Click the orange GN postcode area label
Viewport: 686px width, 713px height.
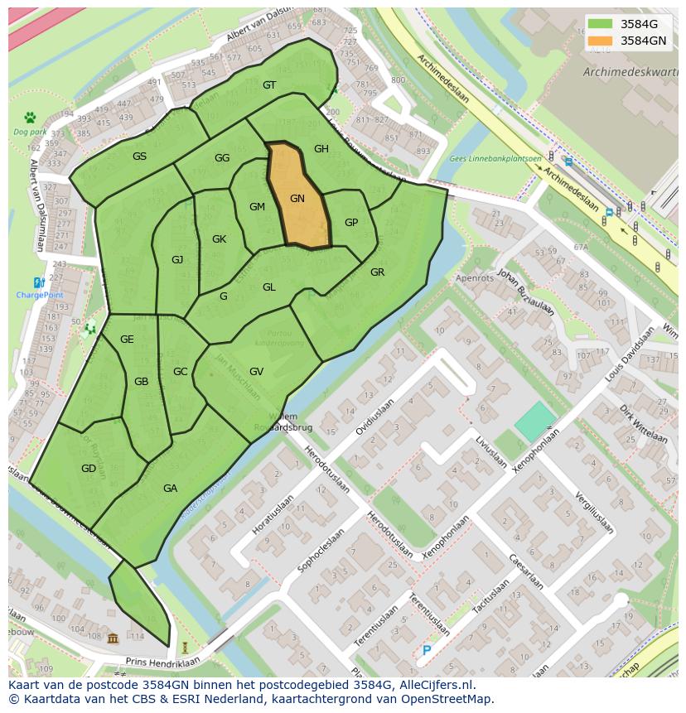[297, 199]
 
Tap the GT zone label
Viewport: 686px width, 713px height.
[269, 85]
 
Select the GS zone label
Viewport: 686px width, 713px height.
[139, 157]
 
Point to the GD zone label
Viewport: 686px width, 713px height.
[89, 469]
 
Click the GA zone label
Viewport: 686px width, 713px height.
[170, 489]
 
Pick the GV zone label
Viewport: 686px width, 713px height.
[256, 372]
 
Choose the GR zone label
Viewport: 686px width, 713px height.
[377, 272]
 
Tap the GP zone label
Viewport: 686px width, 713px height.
[351, 223]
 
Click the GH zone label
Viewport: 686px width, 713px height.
[321, 149]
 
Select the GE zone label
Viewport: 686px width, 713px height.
[127, 340]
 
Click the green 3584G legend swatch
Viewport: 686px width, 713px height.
[601, 24]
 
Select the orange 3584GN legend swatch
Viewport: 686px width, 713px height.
[601, 41]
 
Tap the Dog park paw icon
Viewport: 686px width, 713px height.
[30, 118]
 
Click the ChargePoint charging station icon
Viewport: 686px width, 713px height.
[39, 283]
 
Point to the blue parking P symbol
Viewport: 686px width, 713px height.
[427, 651]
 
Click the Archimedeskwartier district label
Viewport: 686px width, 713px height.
[630, 72]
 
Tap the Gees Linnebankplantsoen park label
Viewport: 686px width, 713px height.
[495, 158]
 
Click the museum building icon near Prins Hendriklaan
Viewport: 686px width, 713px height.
[113, 637]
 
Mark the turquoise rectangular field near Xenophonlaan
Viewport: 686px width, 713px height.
[536, 422]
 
